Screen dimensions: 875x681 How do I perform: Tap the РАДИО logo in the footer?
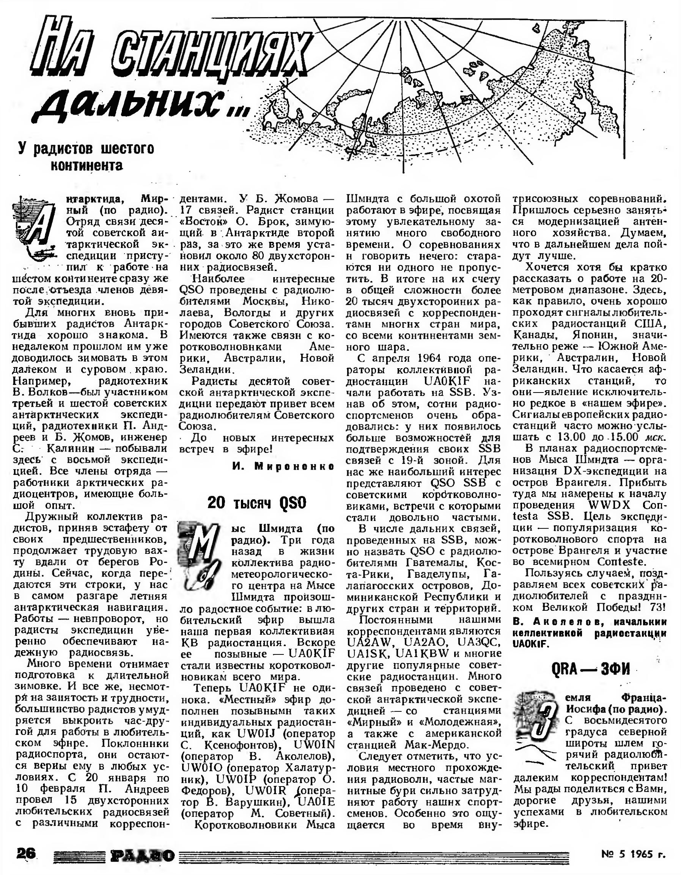(x=143, y=855)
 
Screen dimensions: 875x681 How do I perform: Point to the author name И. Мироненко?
(x=283, y=466)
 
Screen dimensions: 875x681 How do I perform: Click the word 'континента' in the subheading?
(x=86, y=165)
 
